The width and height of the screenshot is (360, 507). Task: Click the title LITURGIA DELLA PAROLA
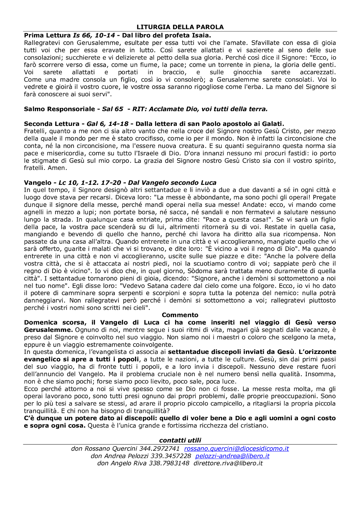(x=180, y=27)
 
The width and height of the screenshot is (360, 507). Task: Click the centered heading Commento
(x=180, y=315)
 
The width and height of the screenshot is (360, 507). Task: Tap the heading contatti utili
(x=180, y=440)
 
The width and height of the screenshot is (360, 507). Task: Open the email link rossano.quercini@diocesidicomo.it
(x=236, y=449)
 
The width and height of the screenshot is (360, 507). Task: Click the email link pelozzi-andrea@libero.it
(x=232, y=456)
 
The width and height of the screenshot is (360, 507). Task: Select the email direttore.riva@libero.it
(x=228, y=463)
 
